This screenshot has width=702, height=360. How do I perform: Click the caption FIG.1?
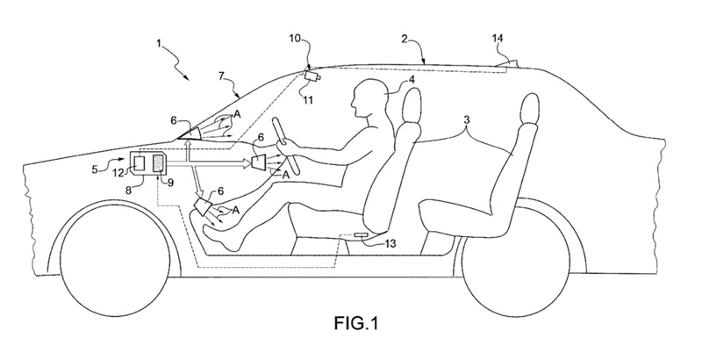tap(356, 322)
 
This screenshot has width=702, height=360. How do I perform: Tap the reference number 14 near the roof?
tap(497, 39)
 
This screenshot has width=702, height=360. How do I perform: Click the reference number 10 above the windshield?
tap(295, 38)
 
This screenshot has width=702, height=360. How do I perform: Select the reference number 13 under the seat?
tap(390, 243)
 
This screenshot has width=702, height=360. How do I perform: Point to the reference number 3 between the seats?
tap(467, 119)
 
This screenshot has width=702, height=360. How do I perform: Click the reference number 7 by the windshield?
tap(222, 76)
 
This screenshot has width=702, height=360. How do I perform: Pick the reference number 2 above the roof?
tap(405, 39)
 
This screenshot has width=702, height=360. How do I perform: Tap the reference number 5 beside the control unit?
tap(95, 170)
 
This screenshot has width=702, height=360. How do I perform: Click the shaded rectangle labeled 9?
tap(159, 163)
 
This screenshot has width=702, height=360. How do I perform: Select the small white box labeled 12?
tap(140, 163)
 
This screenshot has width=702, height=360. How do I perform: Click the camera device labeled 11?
tap(312, 76)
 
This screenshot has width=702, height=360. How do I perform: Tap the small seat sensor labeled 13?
tap(361, 234)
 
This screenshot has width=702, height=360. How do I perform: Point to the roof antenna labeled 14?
tap(508, 64)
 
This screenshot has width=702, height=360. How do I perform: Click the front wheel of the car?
tap(115, 260)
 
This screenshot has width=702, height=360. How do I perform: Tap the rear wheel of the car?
tap(516, 260)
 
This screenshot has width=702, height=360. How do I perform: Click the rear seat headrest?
tap(529, 111)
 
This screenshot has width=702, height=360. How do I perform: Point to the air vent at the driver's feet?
tap(203, 207)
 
